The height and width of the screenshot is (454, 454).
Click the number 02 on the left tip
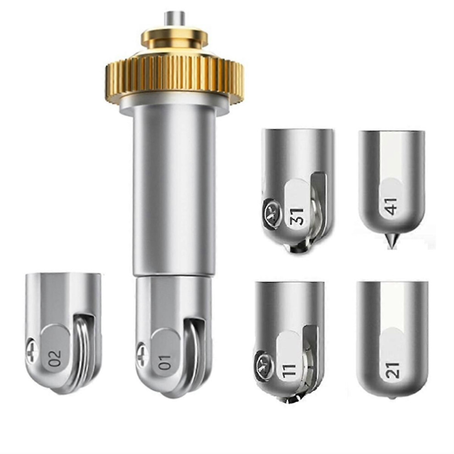tap(55, 358)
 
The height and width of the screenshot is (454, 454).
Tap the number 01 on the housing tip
tap(166, 362)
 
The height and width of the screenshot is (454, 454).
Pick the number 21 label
tap(393, 370)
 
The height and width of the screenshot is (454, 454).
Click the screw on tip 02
tap(31, 352)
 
